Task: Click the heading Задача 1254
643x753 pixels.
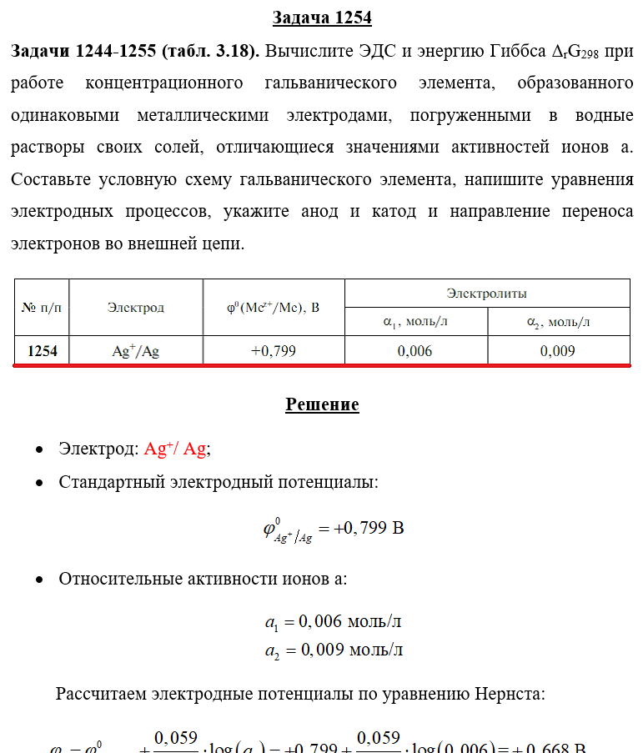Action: (322, 18)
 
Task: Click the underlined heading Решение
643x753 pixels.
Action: (322, 405)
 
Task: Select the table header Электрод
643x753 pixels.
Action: (136, 308)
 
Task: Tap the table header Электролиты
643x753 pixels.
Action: (487, 294)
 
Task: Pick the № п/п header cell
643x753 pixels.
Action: (42, 308)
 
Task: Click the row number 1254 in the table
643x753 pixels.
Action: (43, 351)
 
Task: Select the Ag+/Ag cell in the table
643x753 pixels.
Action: (136, 351)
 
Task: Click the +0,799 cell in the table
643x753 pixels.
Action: (274, 351)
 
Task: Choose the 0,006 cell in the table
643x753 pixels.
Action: (415, 351)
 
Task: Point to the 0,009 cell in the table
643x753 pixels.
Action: (558, 351)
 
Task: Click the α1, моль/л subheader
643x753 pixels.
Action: (415, 322)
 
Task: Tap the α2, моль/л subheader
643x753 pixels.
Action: (558, 322)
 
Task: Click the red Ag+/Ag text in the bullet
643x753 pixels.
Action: (175, 449)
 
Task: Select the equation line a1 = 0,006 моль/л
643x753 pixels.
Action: (334, 622)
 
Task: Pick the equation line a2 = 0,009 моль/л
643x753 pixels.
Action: (334, 650)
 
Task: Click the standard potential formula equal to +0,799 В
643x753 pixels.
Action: (334, 530)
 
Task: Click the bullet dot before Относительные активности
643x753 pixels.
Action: (39, 580)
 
